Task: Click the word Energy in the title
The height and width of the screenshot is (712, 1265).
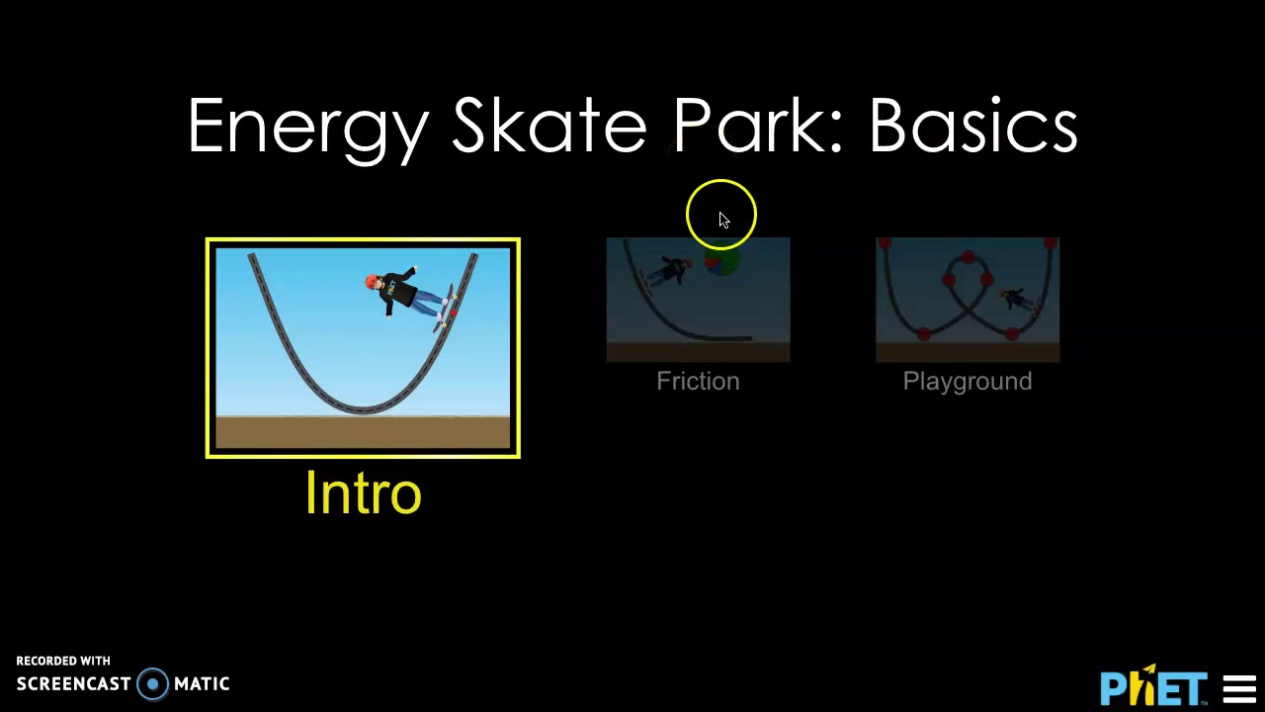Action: click(307, 128)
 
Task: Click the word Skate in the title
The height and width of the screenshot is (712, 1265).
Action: click(548, 126)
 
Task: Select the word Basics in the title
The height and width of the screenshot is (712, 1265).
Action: click(972, 126)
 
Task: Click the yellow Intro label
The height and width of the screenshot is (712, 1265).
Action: click(363, 492)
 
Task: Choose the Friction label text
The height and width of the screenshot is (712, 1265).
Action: click(698, 382)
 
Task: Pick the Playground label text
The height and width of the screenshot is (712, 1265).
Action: click(967, 382)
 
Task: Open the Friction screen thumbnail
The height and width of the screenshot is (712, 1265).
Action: click(698, 300)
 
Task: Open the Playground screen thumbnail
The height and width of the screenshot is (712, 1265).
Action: click(967, 300)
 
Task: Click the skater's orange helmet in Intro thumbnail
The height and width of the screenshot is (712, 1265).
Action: click(373, 284)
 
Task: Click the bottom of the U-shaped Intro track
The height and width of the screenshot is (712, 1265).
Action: click(363, 406)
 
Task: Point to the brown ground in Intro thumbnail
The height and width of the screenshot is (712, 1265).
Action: click(363, 433)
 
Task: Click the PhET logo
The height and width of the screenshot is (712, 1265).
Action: click(1153, 686)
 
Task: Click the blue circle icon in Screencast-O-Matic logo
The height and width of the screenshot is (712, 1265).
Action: click(152, 684)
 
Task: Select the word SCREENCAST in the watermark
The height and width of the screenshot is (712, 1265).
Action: click(73, 684)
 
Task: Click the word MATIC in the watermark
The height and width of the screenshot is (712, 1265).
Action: click(202, 684)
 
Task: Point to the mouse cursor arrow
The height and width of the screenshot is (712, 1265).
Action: click(723, 220)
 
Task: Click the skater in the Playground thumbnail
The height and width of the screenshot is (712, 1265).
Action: click(1015, 298)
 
